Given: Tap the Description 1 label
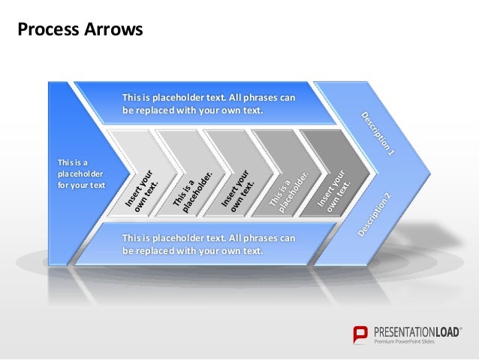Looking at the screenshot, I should click(x=377, y=134).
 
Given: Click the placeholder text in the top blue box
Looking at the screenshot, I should click(x=209, y=104).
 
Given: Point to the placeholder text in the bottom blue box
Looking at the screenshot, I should click(x=209, y=244).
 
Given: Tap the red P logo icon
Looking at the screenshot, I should click(x=361, y=335).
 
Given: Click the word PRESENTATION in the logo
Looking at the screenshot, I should click(x=402, y=331).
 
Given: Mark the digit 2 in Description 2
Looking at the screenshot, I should click(x=388, y=197).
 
